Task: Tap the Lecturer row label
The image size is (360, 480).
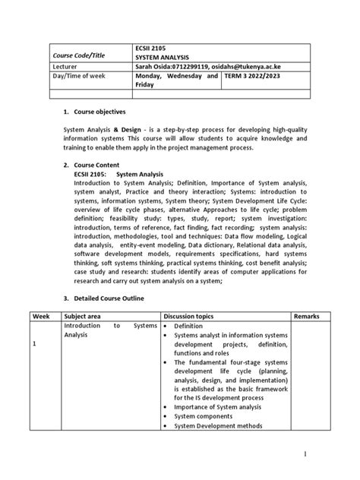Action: (66, 66)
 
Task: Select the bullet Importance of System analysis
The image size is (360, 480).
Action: (216, 406)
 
